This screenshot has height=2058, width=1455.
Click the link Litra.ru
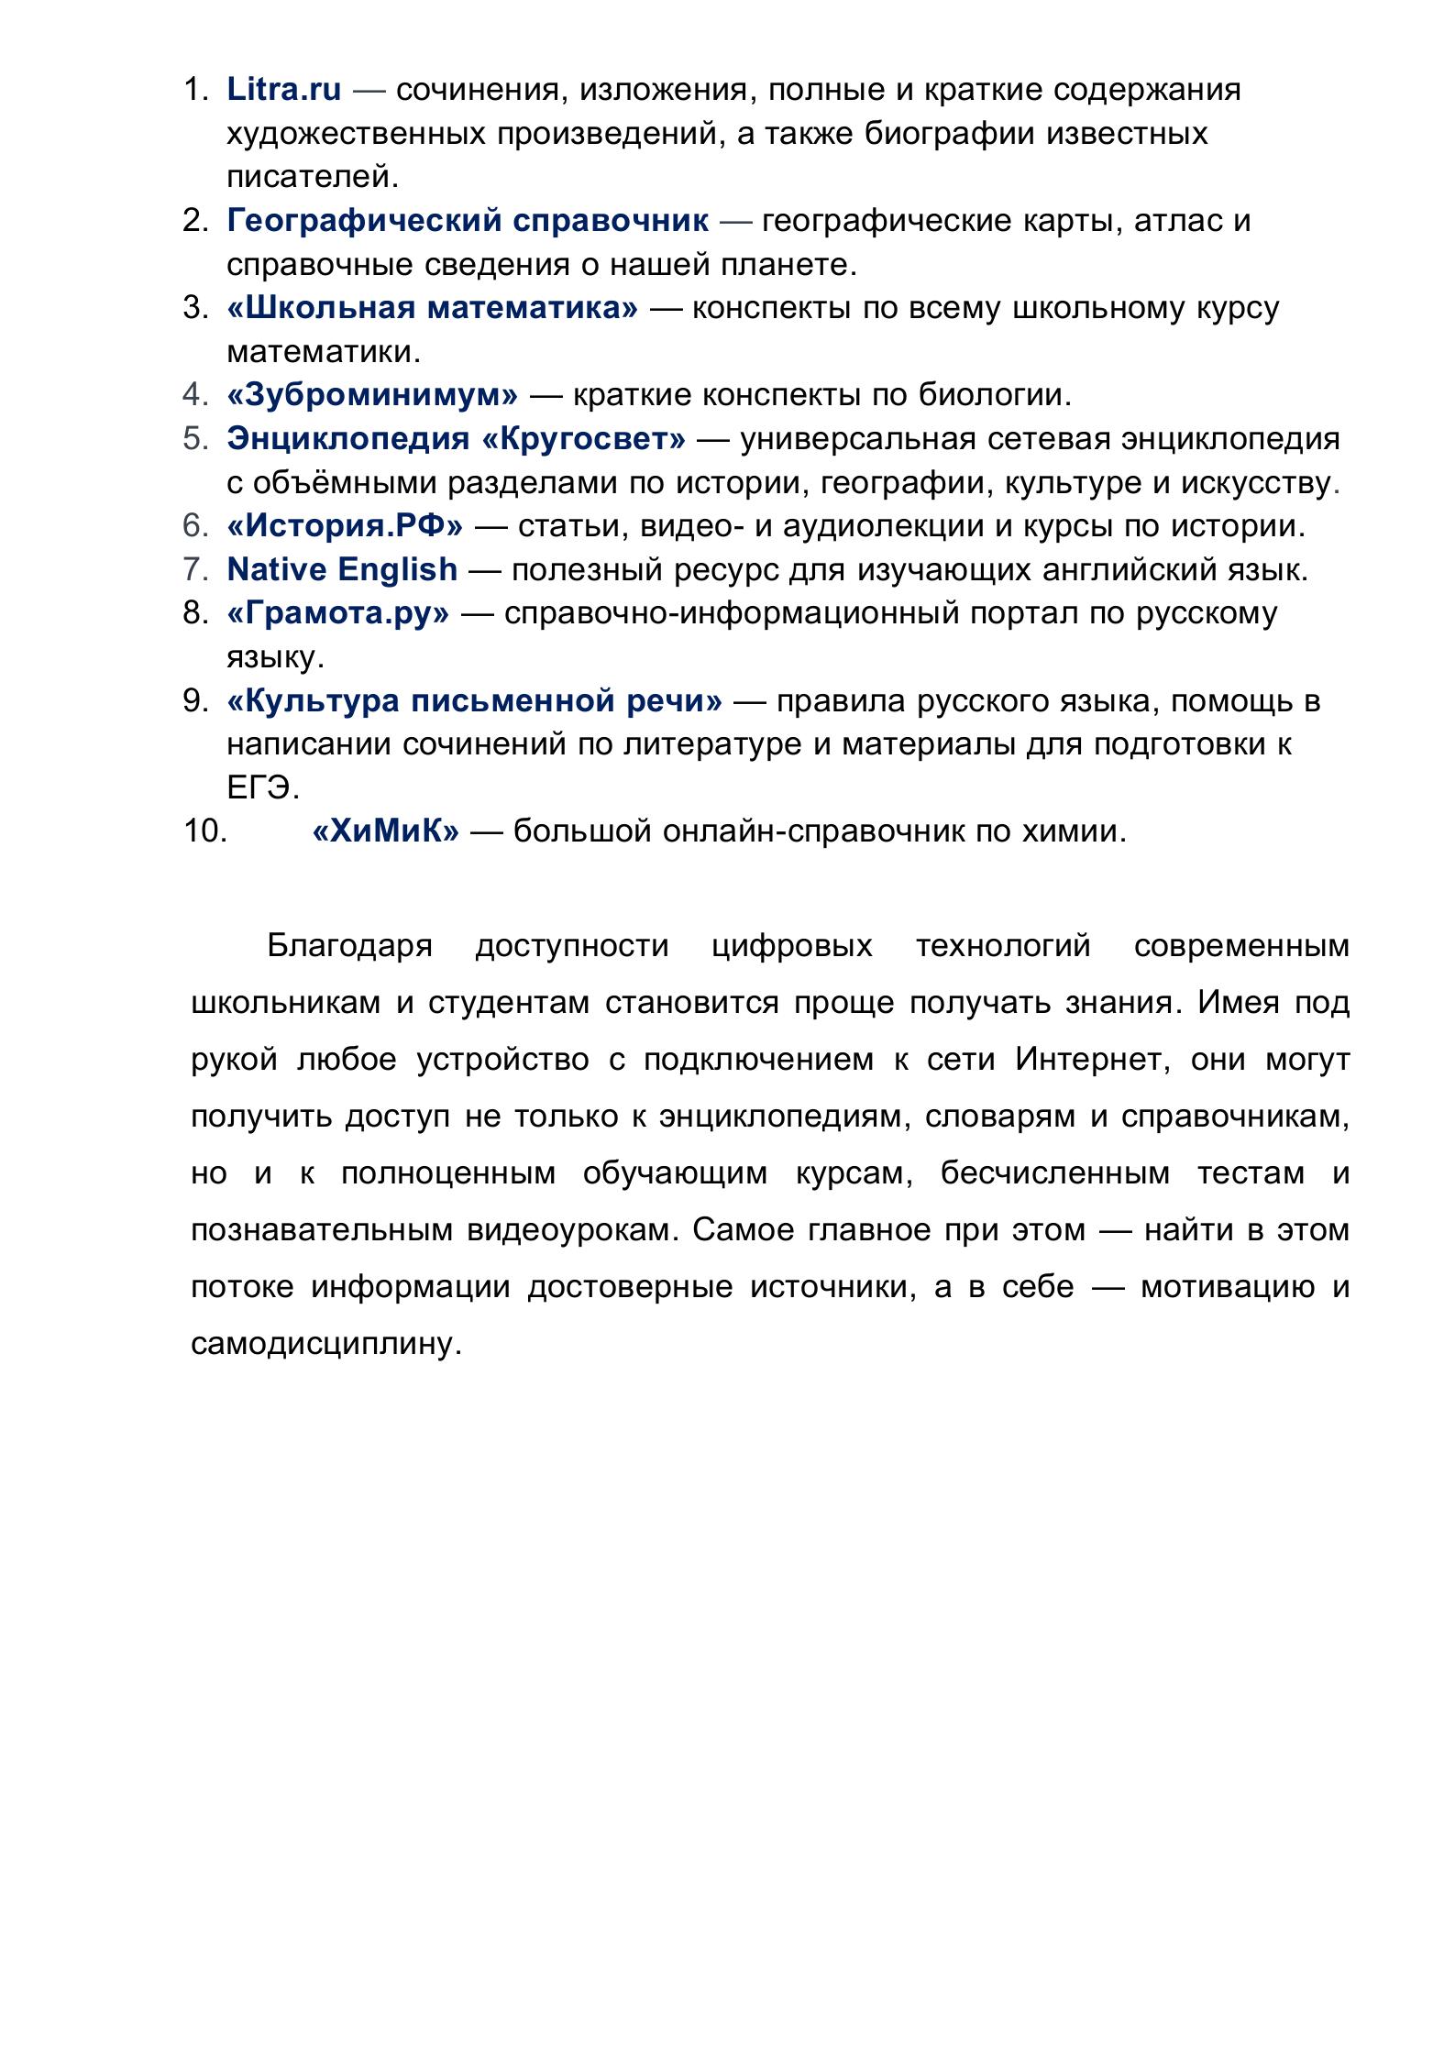click(x=283, y=90)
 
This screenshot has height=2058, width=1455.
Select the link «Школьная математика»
click(x=432, y=308)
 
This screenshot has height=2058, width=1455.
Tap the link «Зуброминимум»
click(x=372, y=395)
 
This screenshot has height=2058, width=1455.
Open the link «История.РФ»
click(x=345, y=526)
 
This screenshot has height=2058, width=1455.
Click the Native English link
click(x=342, y=569)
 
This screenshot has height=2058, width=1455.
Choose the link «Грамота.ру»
click(x=338, y=613)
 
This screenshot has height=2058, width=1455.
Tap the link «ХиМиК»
click(x=385, y=831)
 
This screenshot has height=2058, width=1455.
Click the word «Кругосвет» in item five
click(x=583, y=439)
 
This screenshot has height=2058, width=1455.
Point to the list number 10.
click(x=204, y=831)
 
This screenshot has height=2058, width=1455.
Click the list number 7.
click(x=196, y=569)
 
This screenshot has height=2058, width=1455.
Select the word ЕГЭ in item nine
click(x=262, y=788)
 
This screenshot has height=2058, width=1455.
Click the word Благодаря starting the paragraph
click(x=349, y=945)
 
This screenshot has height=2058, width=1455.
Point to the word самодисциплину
click(x=325, y=1345)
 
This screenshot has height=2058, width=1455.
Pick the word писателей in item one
click(x=312, y=176)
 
